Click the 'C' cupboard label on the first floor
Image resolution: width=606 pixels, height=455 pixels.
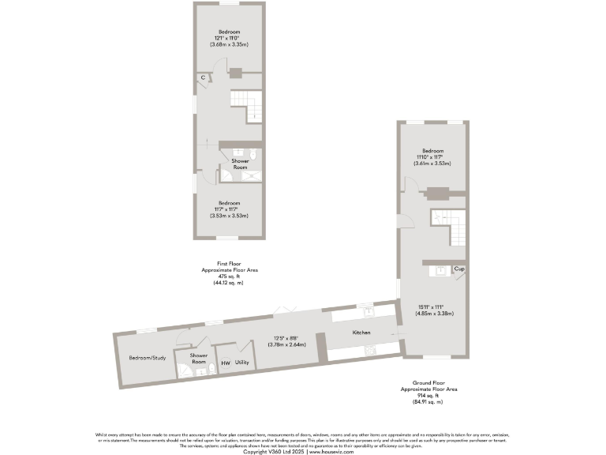(203, 77)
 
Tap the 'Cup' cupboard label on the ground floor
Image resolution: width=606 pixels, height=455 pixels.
(458, 269)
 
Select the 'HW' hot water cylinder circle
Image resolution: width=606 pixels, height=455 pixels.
(226, 363)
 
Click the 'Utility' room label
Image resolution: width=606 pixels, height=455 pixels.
(242, 363)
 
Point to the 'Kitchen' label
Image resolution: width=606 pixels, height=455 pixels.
(361, 333)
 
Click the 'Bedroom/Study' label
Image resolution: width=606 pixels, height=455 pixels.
(148, 358)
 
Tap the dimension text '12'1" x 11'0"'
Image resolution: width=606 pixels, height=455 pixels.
(230, 39)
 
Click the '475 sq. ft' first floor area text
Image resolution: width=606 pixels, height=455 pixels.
(230, 276)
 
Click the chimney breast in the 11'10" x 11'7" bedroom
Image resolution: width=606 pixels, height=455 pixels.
(436, 191)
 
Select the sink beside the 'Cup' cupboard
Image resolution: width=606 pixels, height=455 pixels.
(441, 270)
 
